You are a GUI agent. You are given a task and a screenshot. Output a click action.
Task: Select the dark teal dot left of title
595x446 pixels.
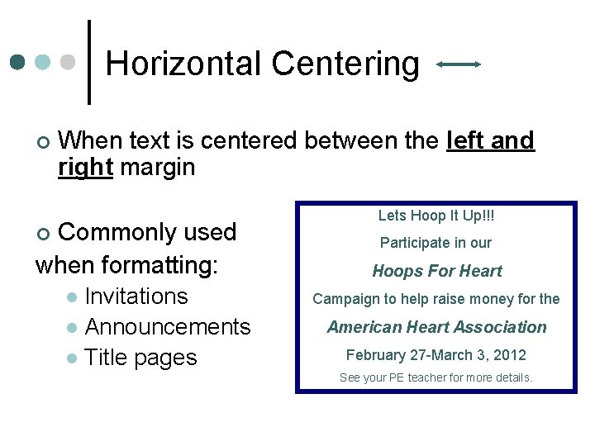pos(18,63)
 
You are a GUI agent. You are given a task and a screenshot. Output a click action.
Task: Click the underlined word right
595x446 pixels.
pos(85,168)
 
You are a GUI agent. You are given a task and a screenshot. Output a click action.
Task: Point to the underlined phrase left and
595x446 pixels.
pos(490,141)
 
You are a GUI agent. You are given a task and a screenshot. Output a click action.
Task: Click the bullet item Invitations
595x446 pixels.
pos(136,297)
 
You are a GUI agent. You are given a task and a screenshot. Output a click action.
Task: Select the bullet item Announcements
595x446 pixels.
pos(168,327)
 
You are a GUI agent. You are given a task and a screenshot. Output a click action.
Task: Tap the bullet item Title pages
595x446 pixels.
pos(140,358)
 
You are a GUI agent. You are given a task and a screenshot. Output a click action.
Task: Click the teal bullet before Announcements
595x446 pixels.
pos(71,328)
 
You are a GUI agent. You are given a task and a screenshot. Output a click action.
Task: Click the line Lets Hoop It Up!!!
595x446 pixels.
pos(436,216)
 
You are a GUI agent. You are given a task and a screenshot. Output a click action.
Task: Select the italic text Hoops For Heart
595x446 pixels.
pos(437,271)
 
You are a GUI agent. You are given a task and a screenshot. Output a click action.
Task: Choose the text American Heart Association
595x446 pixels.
pos(436,327)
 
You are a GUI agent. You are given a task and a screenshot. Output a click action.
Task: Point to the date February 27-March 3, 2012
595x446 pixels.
pos(436,355)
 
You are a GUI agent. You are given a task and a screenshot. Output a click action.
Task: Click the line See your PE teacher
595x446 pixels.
pos(436,378)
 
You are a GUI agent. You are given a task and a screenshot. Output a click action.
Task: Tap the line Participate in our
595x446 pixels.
pos(436,243)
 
